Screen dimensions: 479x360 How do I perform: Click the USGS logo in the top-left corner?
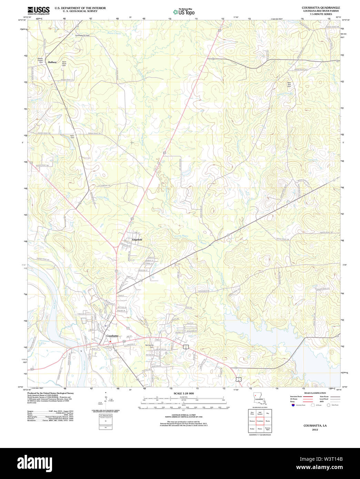tap(38, 10)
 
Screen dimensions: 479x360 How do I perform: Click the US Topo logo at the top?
tap(184, 12)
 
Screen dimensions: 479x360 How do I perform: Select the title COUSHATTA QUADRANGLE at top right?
tap(321, 8)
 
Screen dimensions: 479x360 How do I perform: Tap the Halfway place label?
tap(52, 62)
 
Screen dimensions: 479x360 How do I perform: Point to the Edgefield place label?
tap(137, 239)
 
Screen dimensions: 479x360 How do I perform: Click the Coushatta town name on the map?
tap(112, 336)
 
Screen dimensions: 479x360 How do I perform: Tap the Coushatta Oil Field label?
tap(82, 35)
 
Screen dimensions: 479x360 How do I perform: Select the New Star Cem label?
tap(289, 84)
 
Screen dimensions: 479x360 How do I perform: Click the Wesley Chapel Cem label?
tap(40, 60)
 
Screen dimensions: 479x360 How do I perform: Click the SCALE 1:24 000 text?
tap(183, 394)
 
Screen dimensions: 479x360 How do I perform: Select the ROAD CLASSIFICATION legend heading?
tap(315, 393)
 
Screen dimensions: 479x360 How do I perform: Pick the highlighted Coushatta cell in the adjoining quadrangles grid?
tap(260, 421)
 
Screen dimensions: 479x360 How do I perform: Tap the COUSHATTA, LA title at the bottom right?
tap(315, 426)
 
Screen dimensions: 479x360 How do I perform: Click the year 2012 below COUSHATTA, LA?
tap(315, 430)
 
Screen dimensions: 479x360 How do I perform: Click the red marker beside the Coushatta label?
tap(110, 342)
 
